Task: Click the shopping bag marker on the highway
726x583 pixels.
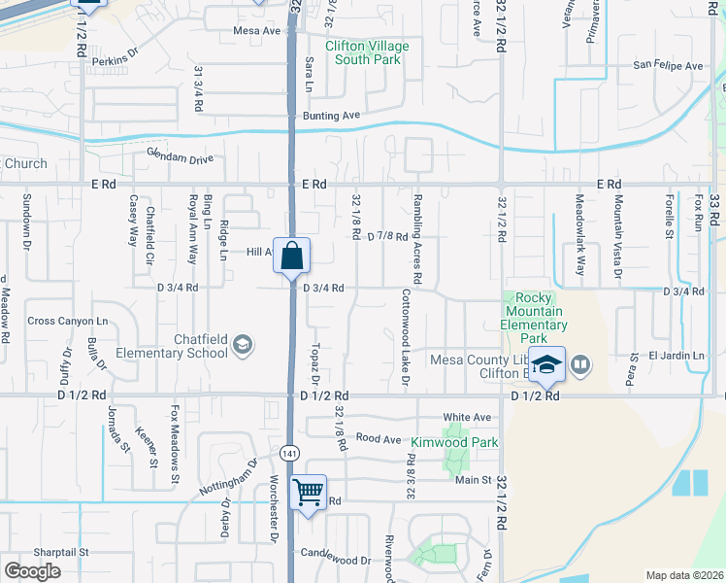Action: point(291,258)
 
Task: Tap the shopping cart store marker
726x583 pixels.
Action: point(309,494)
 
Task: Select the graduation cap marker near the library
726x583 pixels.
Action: point(546,364)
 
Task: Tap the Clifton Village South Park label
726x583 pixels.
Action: point(367,52)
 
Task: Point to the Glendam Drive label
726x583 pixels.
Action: point(180,156)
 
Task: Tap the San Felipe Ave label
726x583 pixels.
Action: point(668,66)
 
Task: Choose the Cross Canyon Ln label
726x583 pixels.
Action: point(67,321)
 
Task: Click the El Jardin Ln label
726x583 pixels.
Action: point(677,356)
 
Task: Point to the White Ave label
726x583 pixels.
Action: point(467,417)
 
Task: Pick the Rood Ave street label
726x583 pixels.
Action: point(379,439)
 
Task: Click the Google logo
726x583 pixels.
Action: point(32,570)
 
